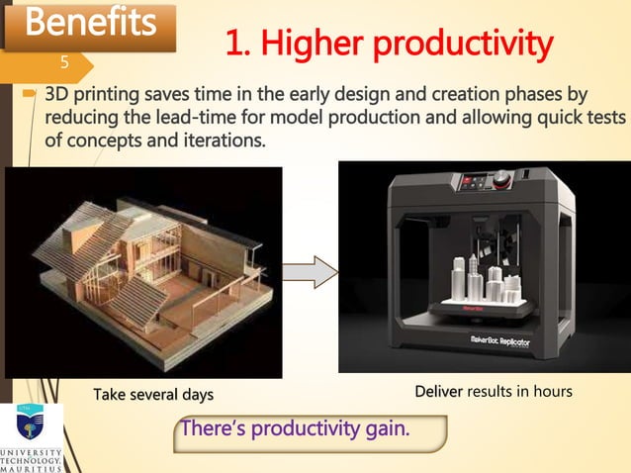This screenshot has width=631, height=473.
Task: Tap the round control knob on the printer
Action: point(504,179)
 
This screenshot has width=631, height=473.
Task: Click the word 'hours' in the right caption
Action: point(550,392)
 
